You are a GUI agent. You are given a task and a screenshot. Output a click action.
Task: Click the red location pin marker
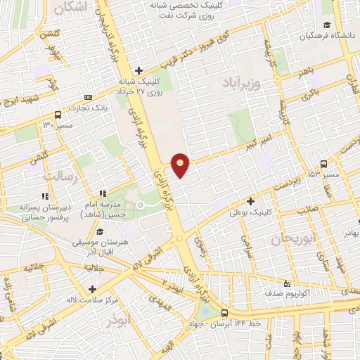181,165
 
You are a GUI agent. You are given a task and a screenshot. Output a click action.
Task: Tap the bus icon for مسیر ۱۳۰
58,115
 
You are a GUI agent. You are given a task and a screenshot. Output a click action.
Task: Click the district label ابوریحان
290,239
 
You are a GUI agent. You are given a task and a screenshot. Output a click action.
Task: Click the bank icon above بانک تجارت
87,97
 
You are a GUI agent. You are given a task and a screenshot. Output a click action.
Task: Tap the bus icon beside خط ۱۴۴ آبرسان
224,313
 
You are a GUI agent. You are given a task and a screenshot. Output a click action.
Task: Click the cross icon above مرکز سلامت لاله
92,289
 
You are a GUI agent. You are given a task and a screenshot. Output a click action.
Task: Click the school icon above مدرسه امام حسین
103,193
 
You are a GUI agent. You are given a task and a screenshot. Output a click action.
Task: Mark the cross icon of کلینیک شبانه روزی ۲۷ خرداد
139,70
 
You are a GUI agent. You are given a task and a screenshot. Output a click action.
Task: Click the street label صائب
307,208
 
